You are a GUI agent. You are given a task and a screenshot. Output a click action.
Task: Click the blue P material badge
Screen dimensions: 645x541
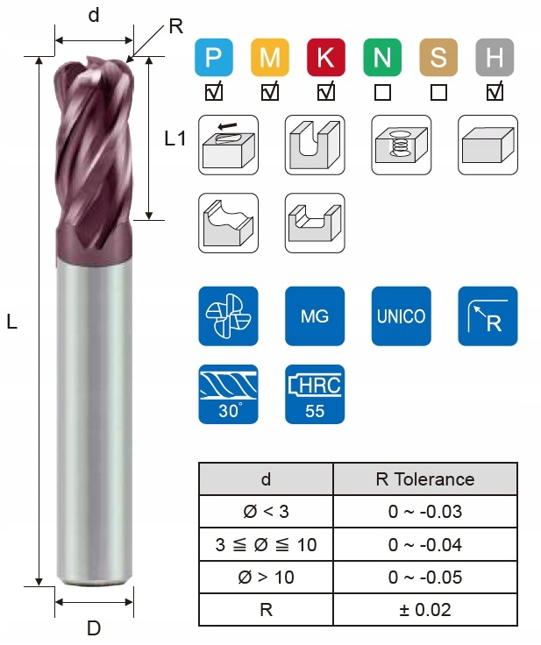[212, 58]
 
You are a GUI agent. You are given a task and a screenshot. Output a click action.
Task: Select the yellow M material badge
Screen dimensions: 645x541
[269, 58]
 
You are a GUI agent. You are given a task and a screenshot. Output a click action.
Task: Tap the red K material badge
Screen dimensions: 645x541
[325, 58]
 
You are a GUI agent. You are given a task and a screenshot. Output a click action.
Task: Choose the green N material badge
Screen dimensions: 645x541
[381, 58]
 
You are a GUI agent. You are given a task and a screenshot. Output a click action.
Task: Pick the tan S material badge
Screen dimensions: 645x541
[438, 58]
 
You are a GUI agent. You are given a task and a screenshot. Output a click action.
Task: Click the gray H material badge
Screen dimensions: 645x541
[495, 58]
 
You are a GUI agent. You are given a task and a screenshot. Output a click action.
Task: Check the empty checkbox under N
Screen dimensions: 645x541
[382, 91]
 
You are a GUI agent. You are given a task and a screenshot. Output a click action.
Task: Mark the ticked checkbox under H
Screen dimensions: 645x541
[495, 90]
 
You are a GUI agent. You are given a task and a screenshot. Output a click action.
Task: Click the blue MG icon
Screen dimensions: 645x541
[315, 315]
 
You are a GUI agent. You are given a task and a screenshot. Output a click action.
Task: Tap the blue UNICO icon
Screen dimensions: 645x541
[402, 315]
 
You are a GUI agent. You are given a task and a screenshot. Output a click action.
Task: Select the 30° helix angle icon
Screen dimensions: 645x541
[228, 393]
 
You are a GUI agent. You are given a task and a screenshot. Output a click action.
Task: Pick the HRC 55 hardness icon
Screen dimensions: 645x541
[315, 393]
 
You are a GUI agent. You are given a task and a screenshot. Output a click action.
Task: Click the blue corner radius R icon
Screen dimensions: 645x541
[488, 315]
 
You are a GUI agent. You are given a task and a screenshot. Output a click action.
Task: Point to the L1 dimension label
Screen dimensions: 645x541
[175, 138]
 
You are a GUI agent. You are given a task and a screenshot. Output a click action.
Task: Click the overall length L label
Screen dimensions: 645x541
[11, 322]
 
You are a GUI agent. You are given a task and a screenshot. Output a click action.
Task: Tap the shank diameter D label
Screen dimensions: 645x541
[94, 627]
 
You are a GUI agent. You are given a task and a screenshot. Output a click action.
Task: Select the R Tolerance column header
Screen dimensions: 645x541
[424, 479]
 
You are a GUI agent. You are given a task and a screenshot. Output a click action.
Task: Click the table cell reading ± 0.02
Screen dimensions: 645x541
[424, 610]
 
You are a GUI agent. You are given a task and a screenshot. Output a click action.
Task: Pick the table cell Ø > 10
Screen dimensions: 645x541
[267, 578]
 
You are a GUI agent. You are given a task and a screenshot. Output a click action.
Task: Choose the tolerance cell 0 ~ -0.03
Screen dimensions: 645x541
[424, 512]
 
